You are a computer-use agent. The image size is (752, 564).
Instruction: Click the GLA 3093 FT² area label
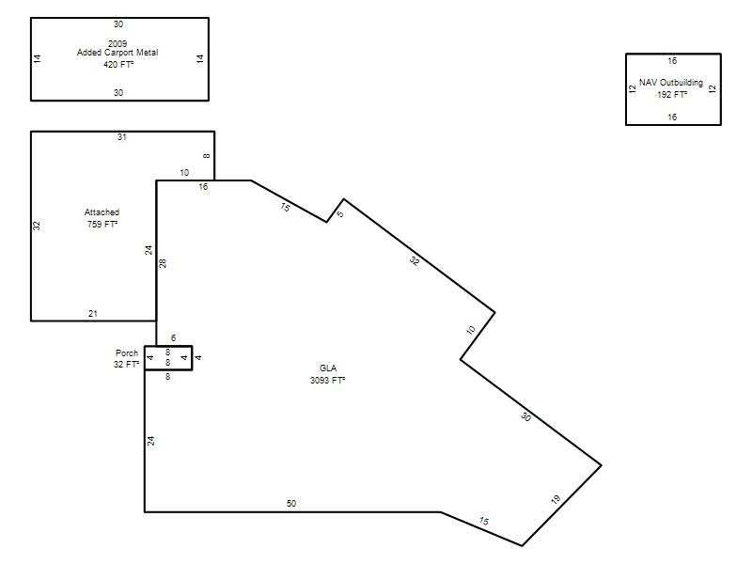click(327, 374)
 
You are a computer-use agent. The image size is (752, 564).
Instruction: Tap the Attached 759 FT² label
click(102, 218)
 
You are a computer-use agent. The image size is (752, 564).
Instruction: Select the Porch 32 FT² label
click(127, 359)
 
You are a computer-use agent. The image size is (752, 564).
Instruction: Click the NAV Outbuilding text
click(671, 83)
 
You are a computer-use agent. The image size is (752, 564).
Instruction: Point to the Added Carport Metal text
click(117, 53)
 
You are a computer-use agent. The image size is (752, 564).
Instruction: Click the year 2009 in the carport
click(117, 43)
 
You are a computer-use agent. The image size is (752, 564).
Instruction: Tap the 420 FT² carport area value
click(118, 64)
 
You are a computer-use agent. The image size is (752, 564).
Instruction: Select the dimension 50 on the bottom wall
click(291, 504)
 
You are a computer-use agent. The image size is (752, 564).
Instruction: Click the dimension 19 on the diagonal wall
click(556, 499)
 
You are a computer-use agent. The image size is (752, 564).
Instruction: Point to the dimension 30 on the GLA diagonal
click(525, 416)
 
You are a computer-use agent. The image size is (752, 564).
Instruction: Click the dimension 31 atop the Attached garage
click(122, 137)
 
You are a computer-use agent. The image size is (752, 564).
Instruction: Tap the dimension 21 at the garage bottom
click(92, 314)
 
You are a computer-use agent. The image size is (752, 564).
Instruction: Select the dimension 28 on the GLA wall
click(163, 263)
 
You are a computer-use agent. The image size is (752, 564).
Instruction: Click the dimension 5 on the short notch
click(340, 214)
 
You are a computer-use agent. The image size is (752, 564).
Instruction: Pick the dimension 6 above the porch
click(173, 338)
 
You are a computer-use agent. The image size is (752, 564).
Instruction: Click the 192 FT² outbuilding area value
click(672, 95)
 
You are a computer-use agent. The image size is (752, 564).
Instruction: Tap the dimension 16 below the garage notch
click(203, 187)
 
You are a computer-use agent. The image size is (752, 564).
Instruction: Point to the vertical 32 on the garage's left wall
click(37, 226)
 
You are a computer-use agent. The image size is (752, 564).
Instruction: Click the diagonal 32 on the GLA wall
click(415, 261)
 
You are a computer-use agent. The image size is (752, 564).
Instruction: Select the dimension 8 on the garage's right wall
click(206, 156)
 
